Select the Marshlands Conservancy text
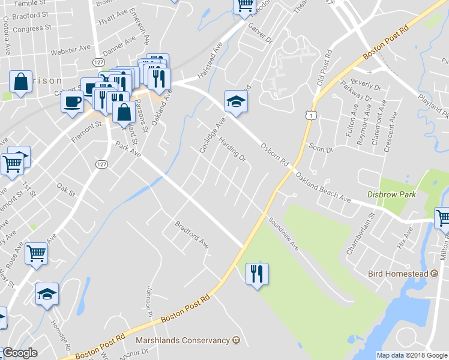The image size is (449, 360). tap(183, 340)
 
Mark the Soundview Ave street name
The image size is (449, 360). tap(283, 233)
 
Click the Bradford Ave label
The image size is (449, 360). tap(191, 236)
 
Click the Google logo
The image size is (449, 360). tap(20, 353)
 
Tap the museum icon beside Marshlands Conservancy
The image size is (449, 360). tap(236, 340)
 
